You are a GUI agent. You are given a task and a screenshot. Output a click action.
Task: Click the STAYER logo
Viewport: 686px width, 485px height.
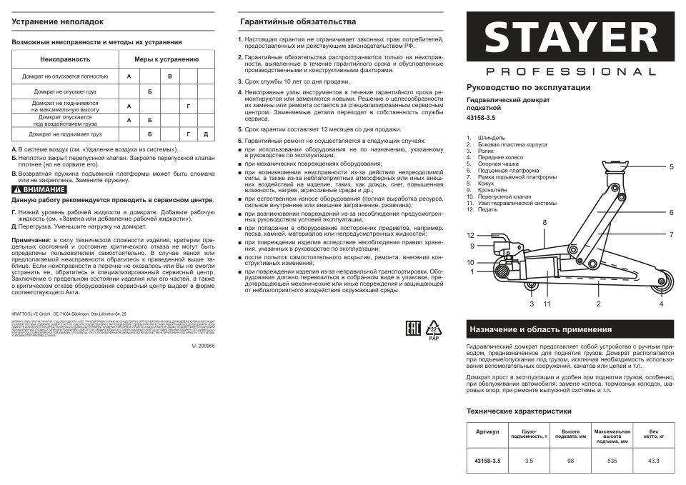coord(570,37)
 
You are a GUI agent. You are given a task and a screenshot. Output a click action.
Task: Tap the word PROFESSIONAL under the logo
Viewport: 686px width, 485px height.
coord(570,72)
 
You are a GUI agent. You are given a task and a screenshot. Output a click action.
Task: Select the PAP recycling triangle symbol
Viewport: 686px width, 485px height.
coord(433,329)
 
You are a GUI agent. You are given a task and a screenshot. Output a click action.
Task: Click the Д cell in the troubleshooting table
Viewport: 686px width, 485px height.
coord(205,134)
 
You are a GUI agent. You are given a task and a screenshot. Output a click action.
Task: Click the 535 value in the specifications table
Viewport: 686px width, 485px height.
coord(611,461)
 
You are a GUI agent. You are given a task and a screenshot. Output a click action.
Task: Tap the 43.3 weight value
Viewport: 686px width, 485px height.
coord(654,461)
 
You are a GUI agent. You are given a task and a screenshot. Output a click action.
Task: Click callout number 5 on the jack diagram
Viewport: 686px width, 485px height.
coord(672,166)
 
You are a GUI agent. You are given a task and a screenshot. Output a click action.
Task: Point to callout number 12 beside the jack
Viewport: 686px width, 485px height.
coord(471,235)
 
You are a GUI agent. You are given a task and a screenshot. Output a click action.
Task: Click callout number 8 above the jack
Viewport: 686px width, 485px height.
coord(544,223)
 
